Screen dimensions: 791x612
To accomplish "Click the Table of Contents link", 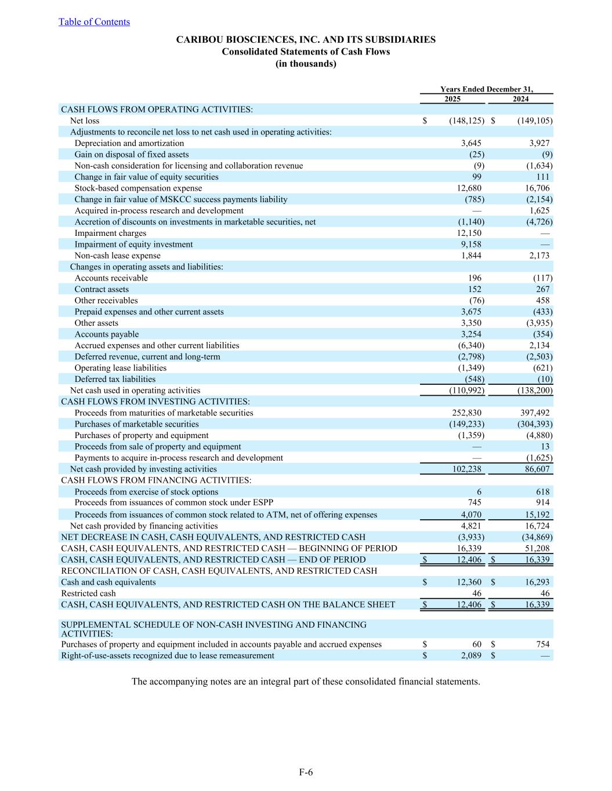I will (x=94, y=22).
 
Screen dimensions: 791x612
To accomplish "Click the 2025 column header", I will (x=452, y=99).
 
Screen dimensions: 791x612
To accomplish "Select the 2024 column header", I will (x=520, y=99).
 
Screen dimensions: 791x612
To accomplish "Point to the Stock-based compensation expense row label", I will (x=138, y=188).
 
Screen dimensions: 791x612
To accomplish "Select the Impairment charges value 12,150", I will (x=469, y=233).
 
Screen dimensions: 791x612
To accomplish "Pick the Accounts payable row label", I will (x=107, y=334).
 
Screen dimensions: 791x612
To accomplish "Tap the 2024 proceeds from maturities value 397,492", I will (x=535, y=413).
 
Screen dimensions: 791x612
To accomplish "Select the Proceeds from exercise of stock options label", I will (x=146, y=492).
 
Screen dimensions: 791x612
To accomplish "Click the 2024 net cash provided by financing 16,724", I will (x=537, y=526).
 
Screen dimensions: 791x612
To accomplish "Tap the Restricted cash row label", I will (x=88, y=593).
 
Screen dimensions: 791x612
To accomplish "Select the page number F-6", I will (x=306, y=772).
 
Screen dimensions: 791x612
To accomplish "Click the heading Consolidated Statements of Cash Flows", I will (x=306, y=52).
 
